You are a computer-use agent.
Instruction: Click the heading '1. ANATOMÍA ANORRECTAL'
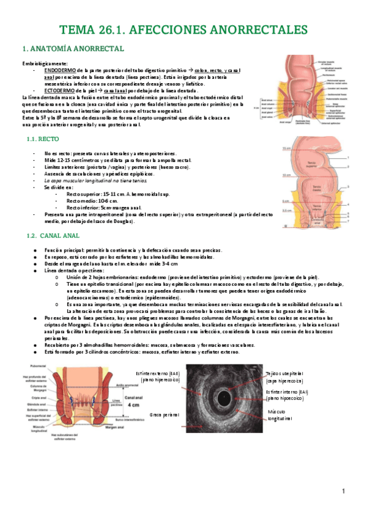click(73, 48)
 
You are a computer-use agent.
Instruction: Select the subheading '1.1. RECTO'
click(43, 139)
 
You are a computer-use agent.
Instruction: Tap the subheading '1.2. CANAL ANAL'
click(51, 235)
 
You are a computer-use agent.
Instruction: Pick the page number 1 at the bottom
click(344, 491)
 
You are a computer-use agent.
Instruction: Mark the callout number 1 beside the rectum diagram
click(349, 158)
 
